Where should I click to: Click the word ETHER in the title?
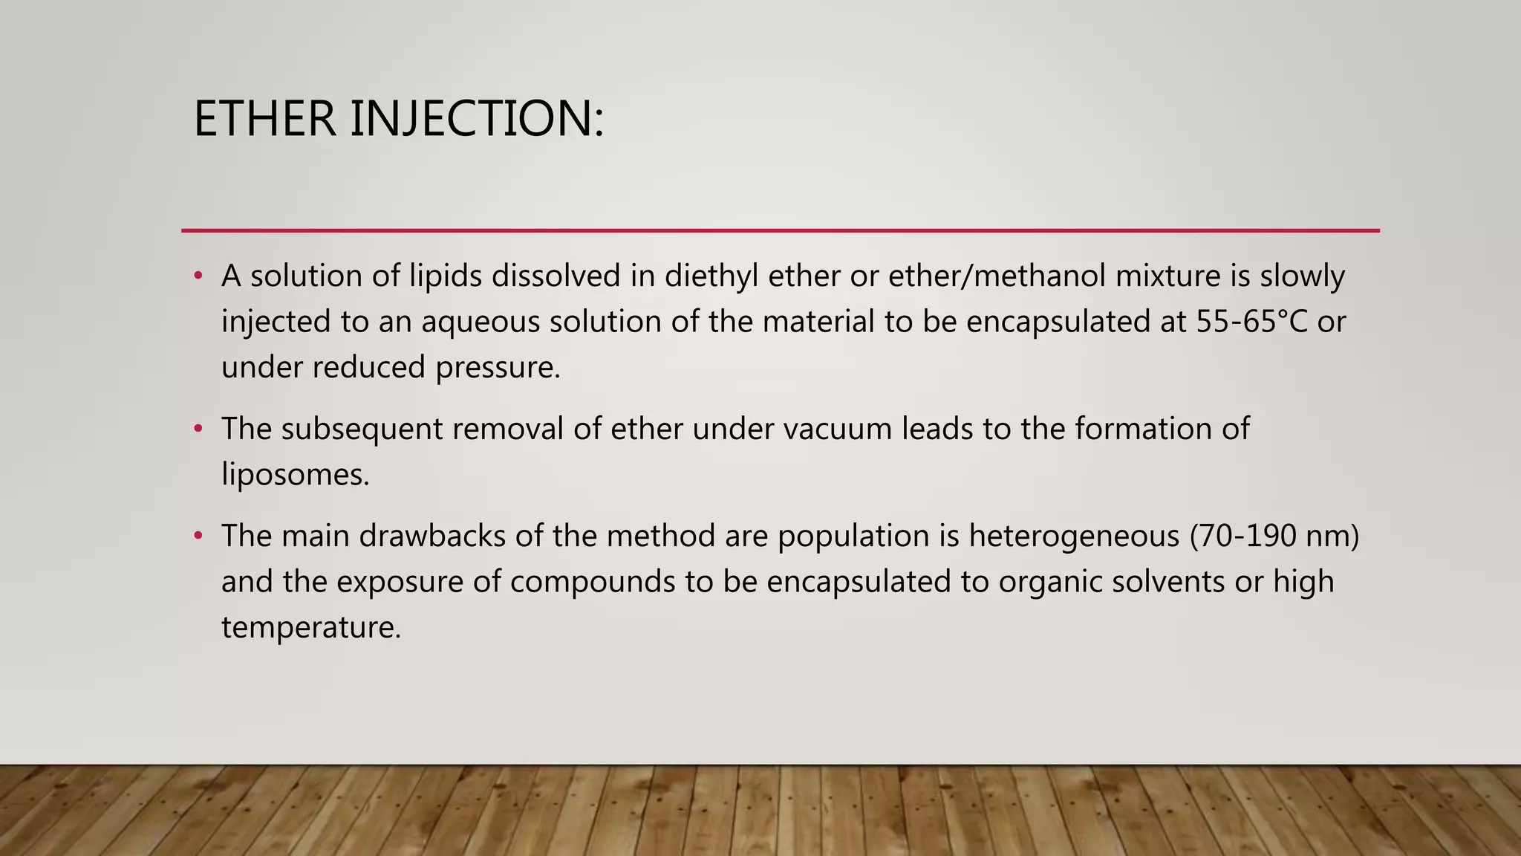tap(264, 119)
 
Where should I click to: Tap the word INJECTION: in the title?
tap(477, 119)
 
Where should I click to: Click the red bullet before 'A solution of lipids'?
tap(198, 276)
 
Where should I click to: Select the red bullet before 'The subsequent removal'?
tap(198, 429)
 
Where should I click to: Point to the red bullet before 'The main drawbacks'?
tap(198, 536)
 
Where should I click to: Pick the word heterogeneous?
tap(1074, 536)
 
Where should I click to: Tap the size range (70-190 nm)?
tap(1274, 536)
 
